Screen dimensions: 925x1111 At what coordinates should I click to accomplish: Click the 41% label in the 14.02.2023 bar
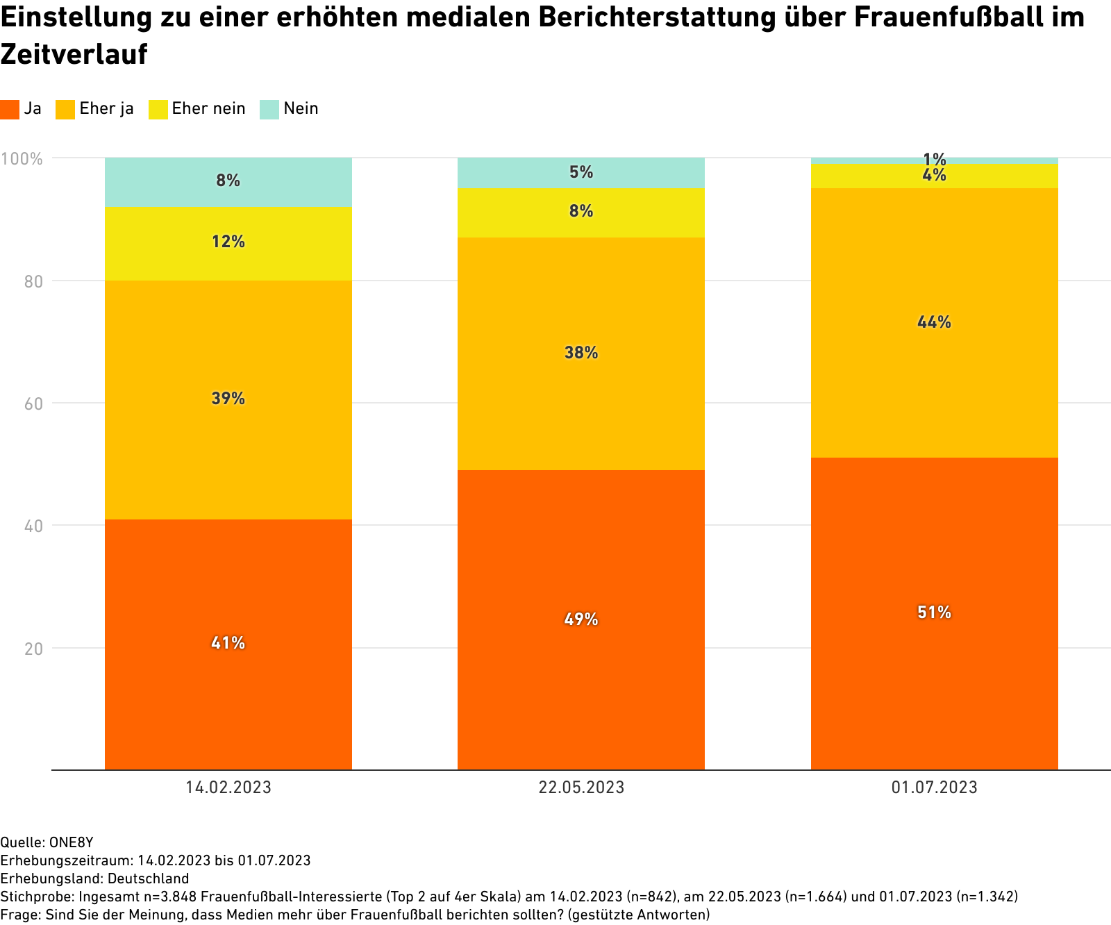tap(228, 643)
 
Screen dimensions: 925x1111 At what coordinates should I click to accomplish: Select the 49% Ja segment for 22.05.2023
tap(581, 619)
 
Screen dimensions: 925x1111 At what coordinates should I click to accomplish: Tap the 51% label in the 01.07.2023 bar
tap(934, 612)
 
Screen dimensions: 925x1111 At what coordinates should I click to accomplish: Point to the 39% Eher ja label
tap(228, 399)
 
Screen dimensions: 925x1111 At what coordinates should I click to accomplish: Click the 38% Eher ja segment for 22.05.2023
tap(581, 353)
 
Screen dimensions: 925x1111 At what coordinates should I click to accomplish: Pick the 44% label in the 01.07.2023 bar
tap(934, 322)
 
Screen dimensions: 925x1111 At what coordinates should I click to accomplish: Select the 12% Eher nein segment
tap(228, 242)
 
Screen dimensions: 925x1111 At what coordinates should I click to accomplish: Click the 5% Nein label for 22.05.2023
tap(581, 172)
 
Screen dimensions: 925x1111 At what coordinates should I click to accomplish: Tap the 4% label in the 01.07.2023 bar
tap(934, 176)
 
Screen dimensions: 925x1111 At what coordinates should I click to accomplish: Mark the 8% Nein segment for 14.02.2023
tap(228, 181)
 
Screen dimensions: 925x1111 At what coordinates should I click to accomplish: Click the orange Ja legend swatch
tap(10, 109)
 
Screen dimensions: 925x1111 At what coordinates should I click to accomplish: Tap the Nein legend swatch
tap(269, 109)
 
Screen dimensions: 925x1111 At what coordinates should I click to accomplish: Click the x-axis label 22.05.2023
tap(581, 787)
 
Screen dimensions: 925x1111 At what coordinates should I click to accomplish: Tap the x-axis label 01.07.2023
tap(934, 787)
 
